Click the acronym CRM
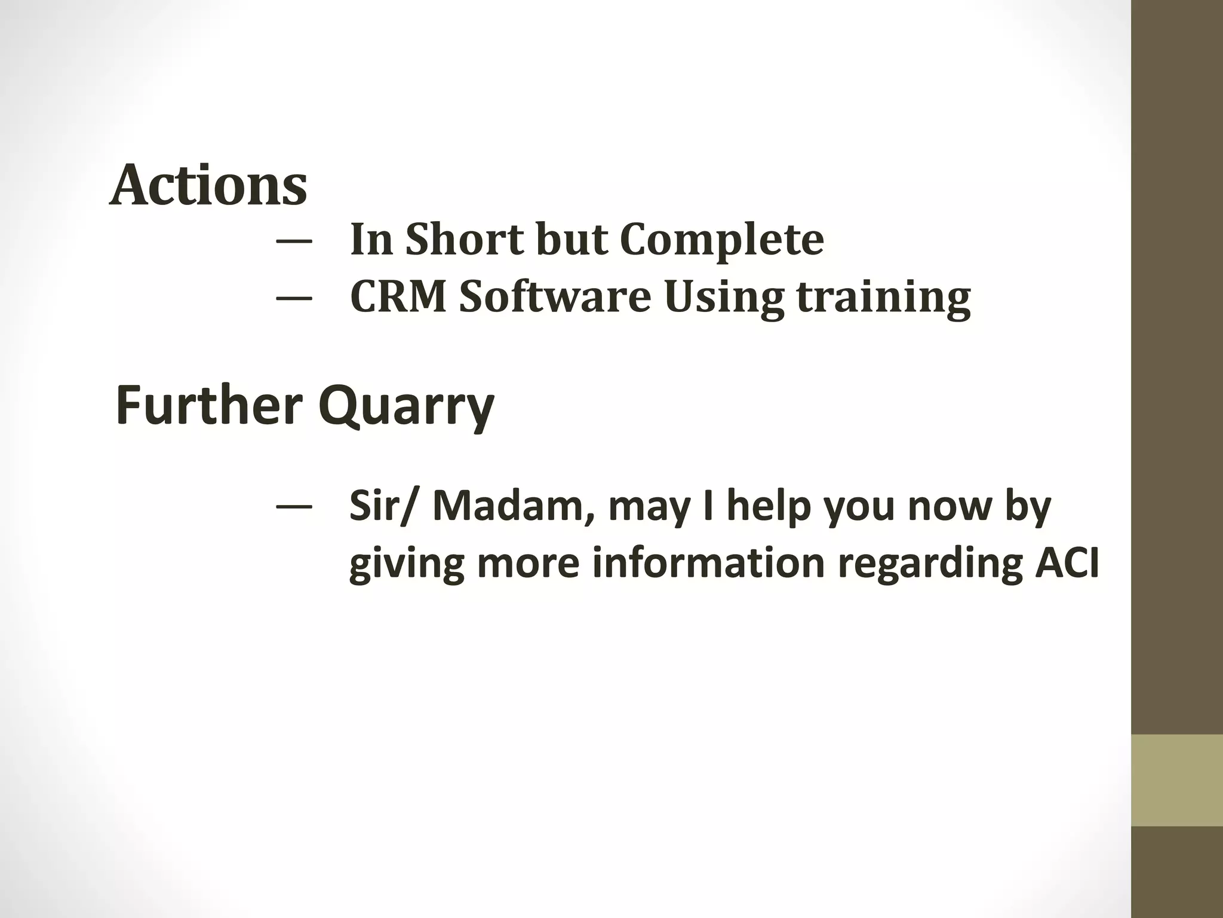point(398,296)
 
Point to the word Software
point(555,296)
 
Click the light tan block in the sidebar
point(1177,781)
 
